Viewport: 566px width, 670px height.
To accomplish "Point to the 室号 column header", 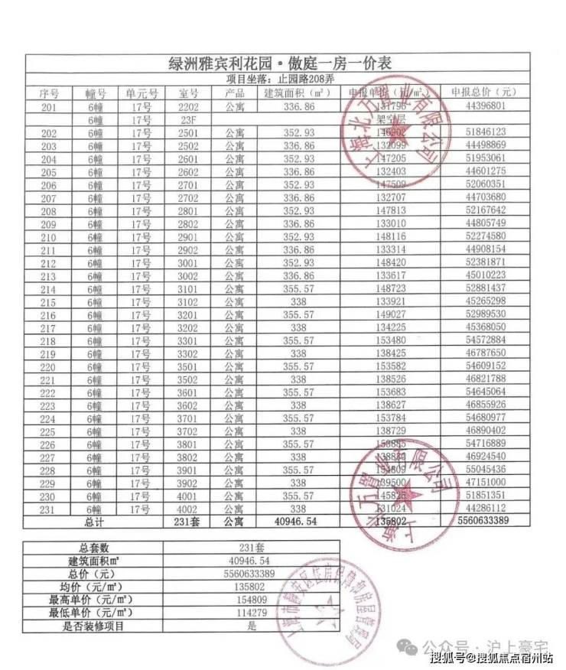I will pyautogui.click(x=188, y=93).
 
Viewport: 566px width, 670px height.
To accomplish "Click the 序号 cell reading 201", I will pyautogui.click(x=48, y=106).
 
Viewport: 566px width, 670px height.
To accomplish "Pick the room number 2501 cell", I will pyautogui.click(x=188, y=132).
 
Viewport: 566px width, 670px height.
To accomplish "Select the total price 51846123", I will pyautogui.click(x=483, y=132).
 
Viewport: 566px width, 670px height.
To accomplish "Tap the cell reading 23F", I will pyautogui.click(x=188, y=120).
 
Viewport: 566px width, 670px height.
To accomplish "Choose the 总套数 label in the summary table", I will pyautogui.click(x=94, y=548).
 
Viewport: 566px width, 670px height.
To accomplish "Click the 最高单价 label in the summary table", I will pyautogui.click(x=94, y=600).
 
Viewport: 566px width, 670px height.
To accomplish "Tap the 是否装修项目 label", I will pyautogui.click(x=94, y=626).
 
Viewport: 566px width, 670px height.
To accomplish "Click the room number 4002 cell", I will pyautogui.click(x=188, y=508).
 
